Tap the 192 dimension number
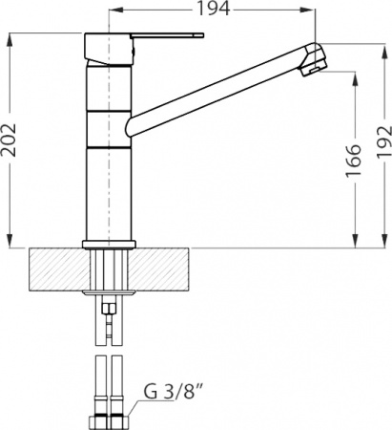[380, 142]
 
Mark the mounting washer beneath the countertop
[111, 290]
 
